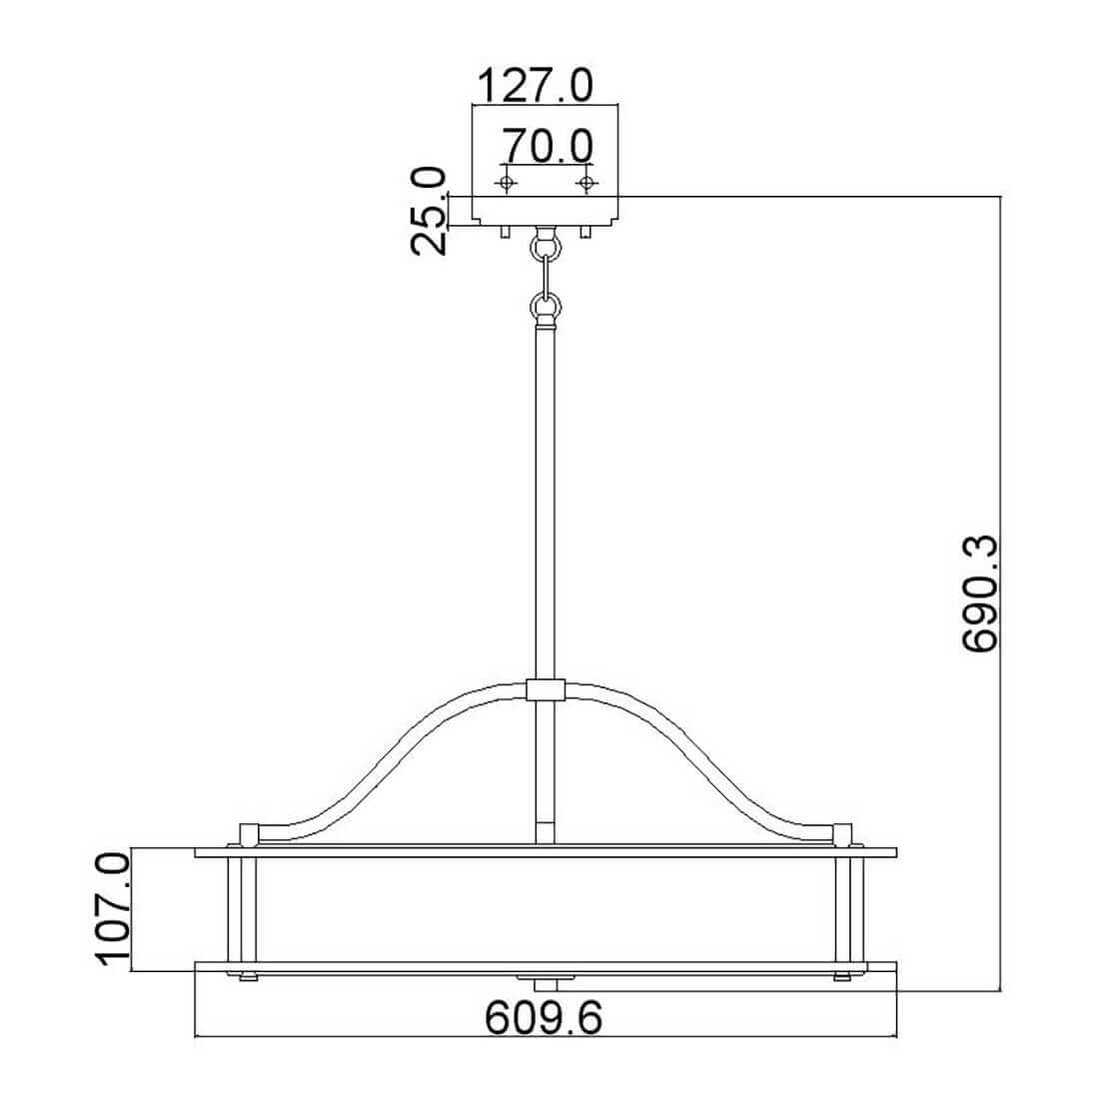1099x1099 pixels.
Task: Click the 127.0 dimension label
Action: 535,86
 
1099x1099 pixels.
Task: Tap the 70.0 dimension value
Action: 548,147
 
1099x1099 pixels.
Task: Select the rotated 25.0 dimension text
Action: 429,210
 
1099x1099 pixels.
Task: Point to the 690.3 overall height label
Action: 979,593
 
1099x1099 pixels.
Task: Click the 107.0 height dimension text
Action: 113,910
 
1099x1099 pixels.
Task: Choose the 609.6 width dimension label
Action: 544,1017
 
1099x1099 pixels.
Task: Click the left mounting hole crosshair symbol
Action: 505,183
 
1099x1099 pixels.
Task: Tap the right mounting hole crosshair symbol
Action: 585,183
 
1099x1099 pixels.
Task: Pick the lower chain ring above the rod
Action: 546,307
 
